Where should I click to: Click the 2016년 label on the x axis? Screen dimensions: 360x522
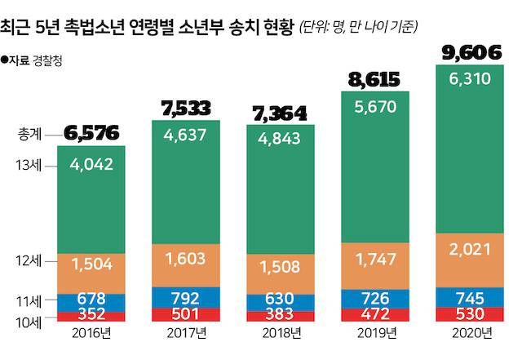point(86,334)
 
